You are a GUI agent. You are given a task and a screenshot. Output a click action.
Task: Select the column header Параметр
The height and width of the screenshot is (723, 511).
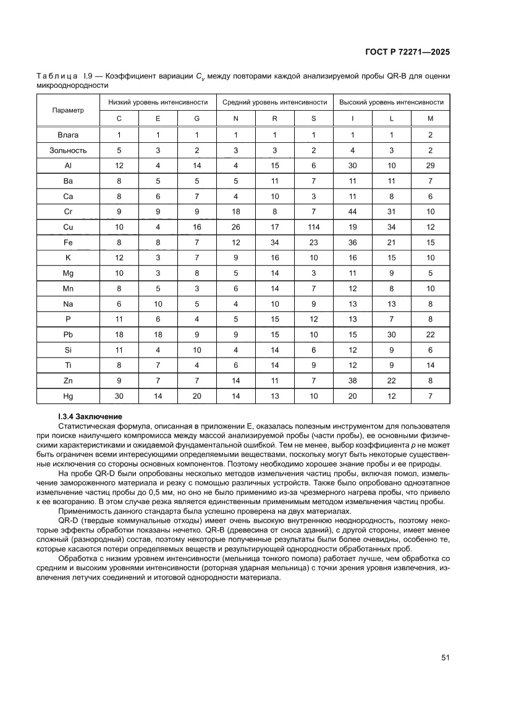click(68, 110)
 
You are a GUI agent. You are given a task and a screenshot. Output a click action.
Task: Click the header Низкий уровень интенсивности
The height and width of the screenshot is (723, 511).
click(158, 102)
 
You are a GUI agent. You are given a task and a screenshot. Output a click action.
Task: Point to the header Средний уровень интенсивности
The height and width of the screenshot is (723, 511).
click(274, 102)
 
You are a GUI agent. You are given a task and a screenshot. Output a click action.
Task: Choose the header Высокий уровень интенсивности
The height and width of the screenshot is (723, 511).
click(391, 102)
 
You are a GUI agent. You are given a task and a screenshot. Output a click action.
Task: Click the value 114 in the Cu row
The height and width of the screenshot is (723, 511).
click(313, 227)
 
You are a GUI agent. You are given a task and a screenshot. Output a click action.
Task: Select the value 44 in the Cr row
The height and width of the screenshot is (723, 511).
click(352, 212)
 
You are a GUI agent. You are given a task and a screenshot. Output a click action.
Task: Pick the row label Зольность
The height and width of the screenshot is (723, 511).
click(68, 150)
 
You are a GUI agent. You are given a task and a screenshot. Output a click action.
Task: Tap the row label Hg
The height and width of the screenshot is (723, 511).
click(68, 396)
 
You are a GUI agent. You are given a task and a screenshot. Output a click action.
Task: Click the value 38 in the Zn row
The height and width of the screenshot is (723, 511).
click(352, 380)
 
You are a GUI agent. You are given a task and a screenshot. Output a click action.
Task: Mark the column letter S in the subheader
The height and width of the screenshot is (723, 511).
click(313, 118)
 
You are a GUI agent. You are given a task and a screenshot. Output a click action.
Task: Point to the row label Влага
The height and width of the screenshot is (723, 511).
click(68, 135)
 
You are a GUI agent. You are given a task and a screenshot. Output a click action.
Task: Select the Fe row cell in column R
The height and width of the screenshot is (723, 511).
click(274, 242)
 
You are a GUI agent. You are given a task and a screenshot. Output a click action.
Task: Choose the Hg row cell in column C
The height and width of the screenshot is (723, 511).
click(119, 396)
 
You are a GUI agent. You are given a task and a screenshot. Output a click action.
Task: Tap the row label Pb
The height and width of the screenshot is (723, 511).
click(68, 335)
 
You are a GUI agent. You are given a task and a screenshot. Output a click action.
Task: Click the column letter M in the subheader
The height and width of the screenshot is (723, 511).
click(430, 118)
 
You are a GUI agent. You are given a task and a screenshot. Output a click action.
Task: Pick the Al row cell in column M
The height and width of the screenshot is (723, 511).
click(430, 166)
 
